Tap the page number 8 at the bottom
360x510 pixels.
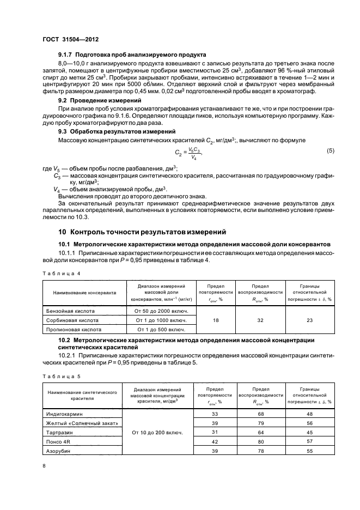point(45,466)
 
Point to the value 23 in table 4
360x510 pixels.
point(309,320)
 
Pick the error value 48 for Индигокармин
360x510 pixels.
point(309,414)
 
